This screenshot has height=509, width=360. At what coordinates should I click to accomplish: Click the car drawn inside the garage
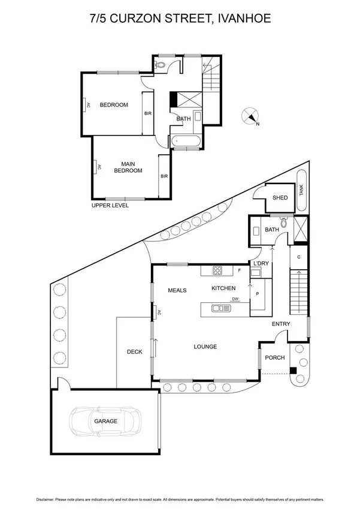105,421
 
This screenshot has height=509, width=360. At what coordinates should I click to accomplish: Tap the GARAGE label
105,421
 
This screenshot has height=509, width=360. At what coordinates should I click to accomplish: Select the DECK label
134,352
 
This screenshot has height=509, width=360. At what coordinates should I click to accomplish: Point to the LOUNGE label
205,347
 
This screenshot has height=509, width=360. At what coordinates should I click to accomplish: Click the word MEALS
177,290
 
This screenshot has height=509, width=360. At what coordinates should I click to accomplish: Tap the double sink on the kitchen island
220,308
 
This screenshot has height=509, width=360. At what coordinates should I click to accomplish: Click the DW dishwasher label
235,299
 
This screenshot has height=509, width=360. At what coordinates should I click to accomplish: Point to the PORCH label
275,358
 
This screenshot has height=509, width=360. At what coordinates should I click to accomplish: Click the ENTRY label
281,324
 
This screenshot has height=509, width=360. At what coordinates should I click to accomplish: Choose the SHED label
280,198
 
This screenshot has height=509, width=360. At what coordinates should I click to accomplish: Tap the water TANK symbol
302,190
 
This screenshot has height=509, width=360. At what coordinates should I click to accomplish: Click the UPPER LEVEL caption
110,206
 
